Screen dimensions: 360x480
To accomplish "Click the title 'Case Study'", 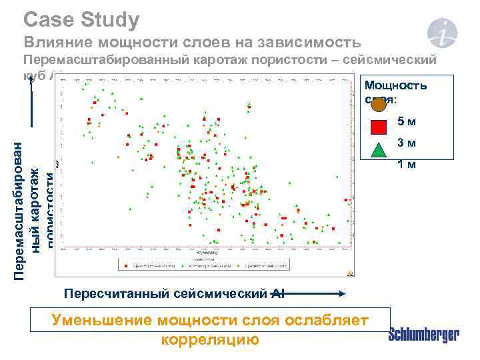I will pyautogui.click(x=81, y=19).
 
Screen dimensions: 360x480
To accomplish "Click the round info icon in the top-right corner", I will pyautogui.click(x=442, y=31).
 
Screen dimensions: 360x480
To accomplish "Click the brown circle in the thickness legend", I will pyautogui.click(x=378, y=103).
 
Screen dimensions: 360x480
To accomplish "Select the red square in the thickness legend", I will pyautogui.click(x=378, y=126).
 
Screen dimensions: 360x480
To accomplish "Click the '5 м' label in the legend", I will pyautogui.click(x=407, y=122).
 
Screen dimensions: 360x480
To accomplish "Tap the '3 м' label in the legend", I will pyautogui.click(x=407, y=143).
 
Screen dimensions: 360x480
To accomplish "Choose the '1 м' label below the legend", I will pyautogui.click(x=407, y=164).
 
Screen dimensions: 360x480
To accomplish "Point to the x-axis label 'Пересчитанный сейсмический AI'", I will pyautogui.click(x=173, y=293).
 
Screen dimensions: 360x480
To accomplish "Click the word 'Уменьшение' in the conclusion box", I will pyautogui.click(x=103, y=321).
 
